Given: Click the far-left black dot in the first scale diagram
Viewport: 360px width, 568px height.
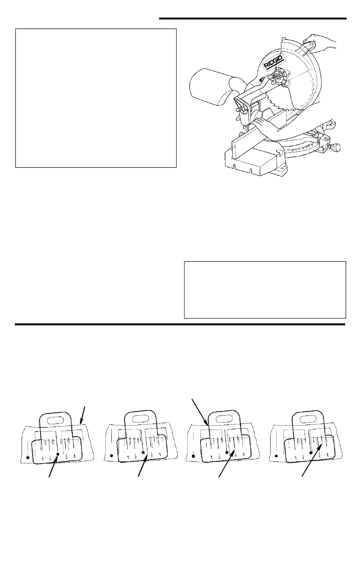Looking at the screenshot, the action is click(28, 458).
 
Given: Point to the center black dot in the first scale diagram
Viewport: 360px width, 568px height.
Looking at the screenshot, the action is click(58, 454).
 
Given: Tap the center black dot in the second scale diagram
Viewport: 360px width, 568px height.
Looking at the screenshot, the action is click(143, 452).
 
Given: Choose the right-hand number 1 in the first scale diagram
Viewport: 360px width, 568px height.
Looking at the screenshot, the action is click(75, 457).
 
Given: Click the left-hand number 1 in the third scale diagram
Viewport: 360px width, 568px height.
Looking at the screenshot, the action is click(211, 458).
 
